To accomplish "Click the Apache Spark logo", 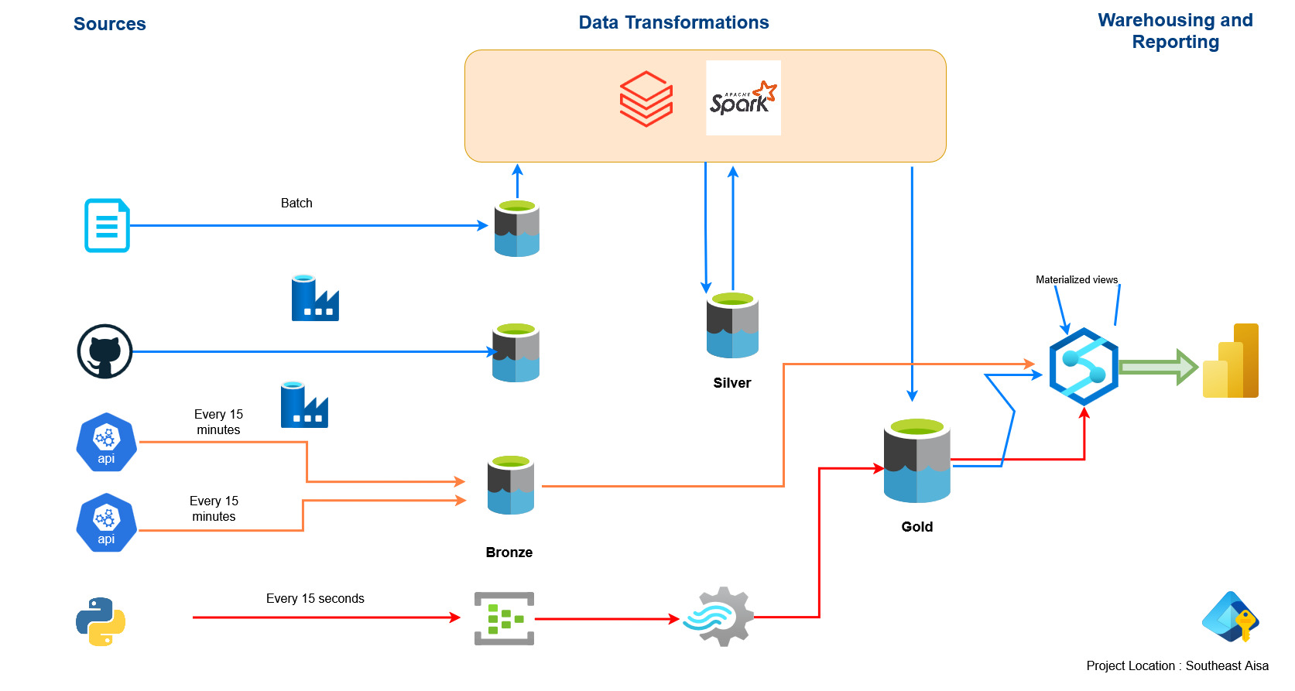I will coord(743,98).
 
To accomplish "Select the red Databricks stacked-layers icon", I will coord(646,99).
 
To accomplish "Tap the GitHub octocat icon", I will coord(105,351).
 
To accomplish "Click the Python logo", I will coord(101,621).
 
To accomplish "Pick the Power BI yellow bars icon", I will coord(1231,361).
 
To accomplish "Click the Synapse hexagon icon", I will coord(1084,367).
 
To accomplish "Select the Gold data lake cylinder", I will coord(917,461).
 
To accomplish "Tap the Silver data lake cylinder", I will coord(732,325).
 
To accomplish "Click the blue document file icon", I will coord(107,225).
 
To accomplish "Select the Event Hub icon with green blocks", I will coord(504,618).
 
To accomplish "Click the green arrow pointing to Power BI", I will coord(1158,367).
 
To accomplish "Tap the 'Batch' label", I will coord(296,203).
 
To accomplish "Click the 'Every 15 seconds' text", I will coord(315,598).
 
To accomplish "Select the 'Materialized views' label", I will coord(1077,279).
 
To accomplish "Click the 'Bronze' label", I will coord(509,552).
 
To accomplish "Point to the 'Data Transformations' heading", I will coord(673,22).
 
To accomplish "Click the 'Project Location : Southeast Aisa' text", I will coord(1177,665).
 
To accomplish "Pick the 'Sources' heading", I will coord(109,24).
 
